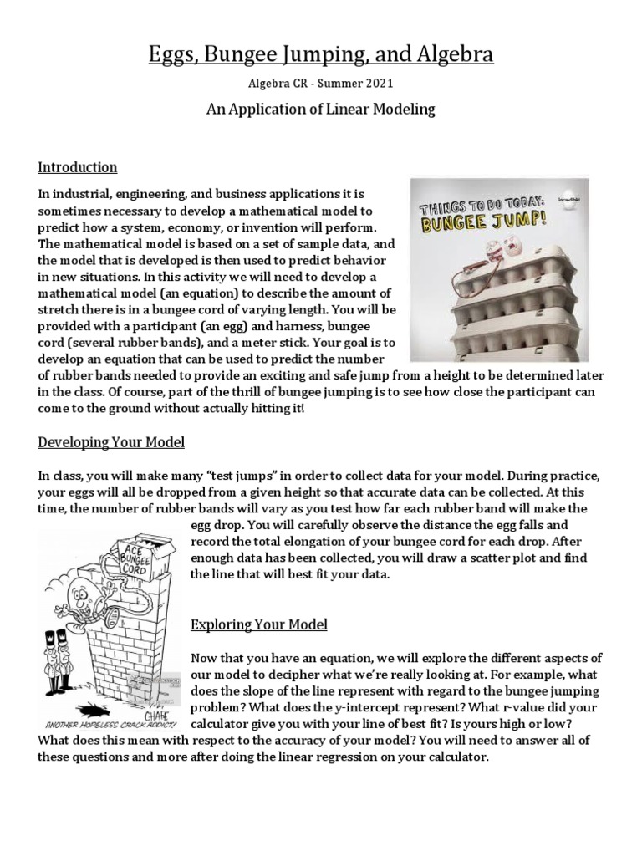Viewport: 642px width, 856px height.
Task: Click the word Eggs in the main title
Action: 172,55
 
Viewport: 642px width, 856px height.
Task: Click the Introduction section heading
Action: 78,166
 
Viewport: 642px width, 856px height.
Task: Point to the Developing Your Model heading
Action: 111,441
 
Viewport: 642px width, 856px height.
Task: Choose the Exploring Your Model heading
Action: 259,624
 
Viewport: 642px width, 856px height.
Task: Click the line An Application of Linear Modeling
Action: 321,109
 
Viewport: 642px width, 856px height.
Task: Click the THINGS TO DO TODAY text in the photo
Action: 493,205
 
